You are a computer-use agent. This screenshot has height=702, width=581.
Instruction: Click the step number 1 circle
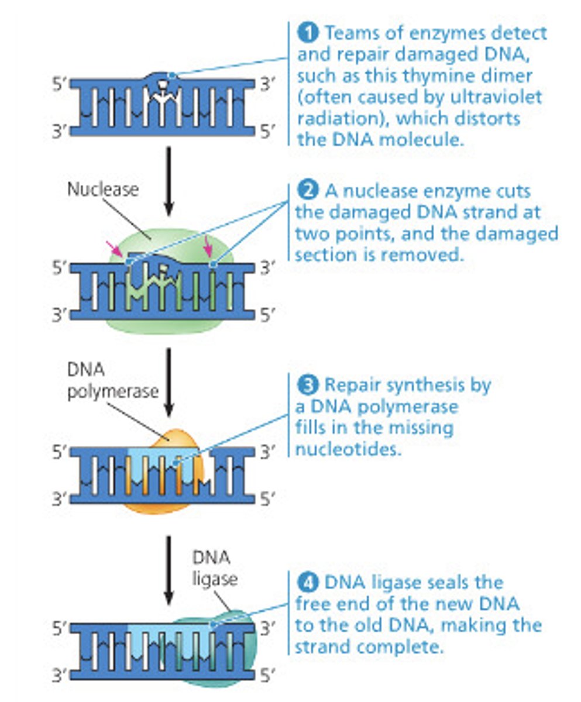[x=308, y=33]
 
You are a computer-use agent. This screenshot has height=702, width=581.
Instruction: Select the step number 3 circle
[x=308, y=384]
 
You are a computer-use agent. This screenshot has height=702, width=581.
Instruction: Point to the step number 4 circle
[x=308, y=582]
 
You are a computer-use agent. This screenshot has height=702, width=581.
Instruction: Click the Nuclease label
[x=103, y=190]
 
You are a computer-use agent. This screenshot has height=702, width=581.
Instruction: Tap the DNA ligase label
[x=215, y=568]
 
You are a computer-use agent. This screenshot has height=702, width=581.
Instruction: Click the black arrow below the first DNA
[x=169, y=178]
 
